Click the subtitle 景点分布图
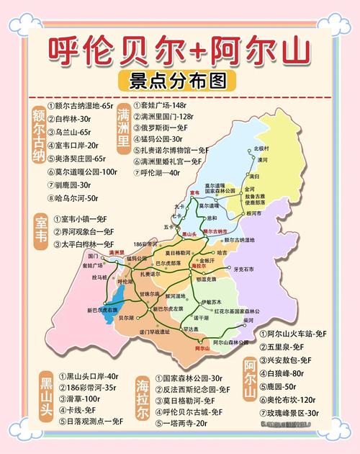point(180,78)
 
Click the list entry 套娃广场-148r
point(166,105)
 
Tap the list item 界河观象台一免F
point(84,231)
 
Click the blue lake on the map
point(117,302)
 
